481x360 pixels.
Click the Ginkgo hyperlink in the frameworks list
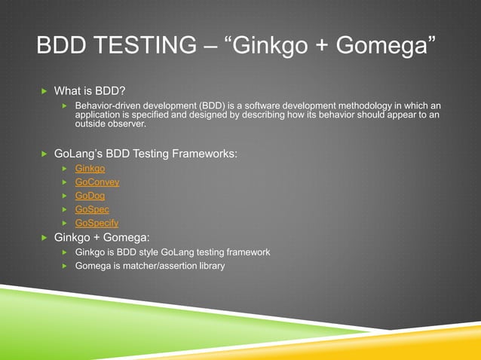[x=90, y=169]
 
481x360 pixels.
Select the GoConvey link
[x=97, y=182]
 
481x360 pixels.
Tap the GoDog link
[x=90, y=196]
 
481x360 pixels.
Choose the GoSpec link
[x=92, y=209]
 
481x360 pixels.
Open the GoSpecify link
[x=97, y=223]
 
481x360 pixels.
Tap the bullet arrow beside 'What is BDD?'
[x=44, y=91]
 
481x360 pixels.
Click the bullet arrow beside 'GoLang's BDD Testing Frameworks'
[x=44, y=154]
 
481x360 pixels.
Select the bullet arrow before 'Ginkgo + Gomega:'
[x=44, y=237]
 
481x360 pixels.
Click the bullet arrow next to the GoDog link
[x=66, y=197]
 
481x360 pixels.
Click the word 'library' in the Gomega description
[x=210, y=266]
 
